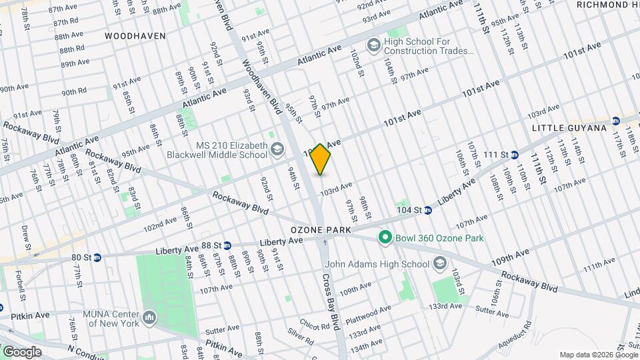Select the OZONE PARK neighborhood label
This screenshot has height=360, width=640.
tap(321, 229)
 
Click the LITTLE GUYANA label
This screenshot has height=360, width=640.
tap(569, 127)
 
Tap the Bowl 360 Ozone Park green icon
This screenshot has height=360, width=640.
tap(385, 237)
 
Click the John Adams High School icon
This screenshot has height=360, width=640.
tap(439, 264)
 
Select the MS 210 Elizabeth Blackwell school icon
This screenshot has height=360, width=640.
tap(277, 151)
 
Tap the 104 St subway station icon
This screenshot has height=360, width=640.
tap(428, 210)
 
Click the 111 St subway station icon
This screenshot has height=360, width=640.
tap(514, 155)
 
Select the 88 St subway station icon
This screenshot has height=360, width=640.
tap(227, 245)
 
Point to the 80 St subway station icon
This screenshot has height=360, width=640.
tap(97, 257)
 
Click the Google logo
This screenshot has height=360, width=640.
tap(21, 352)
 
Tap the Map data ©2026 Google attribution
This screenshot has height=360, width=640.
tap(597, 355)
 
